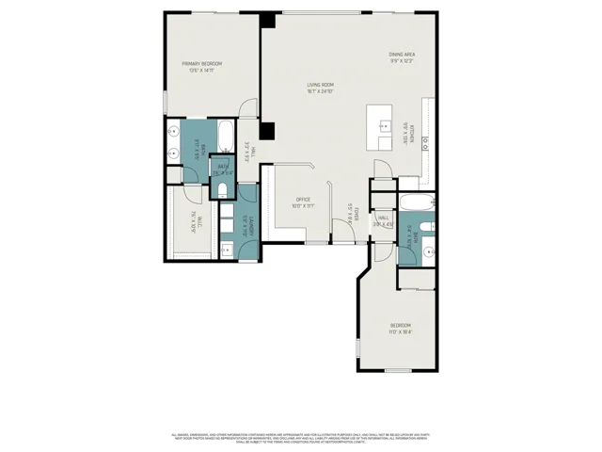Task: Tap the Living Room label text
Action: [x=320, y=88]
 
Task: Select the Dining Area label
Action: [x=402, y=57]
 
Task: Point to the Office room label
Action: [x=303, y=202]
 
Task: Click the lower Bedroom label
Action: [x=400, y=330]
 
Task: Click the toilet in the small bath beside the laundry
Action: [x=222, y=191]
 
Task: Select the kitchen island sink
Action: [x=384, y=124]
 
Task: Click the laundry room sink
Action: [x=229, y=249]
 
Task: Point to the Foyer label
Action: [x=350, y=220]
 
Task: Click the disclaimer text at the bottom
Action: [x=301, y=437]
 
